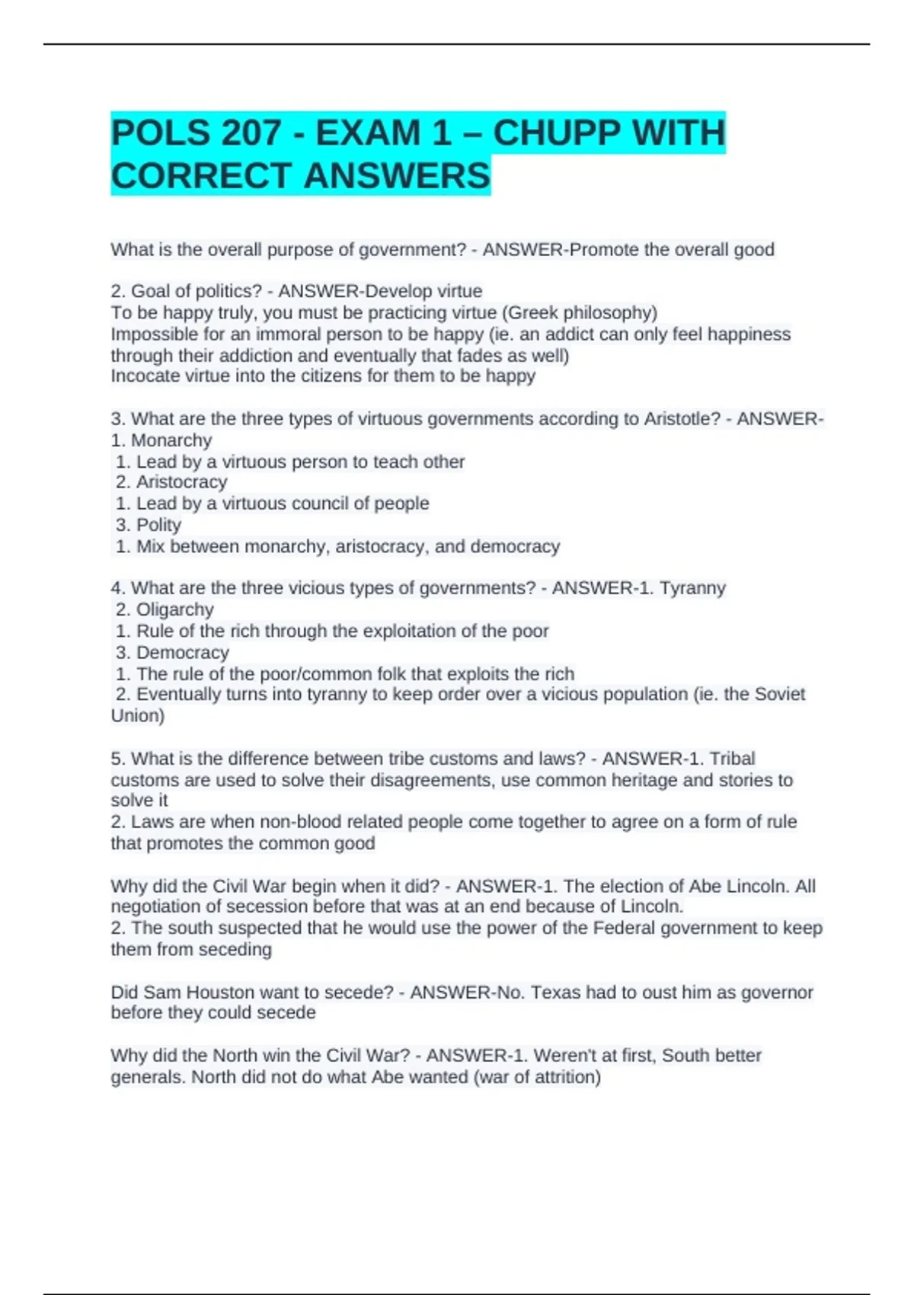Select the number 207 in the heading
click(x=251, y=133)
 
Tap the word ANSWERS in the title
click(x=397, y=176)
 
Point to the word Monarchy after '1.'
click(x=171, y=440)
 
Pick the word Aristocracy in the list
click(x=181, y=482)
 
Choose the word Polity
click(x=158, y=525)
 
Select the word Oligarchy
click(x=174, y=609)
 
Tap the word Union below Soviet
click(x=137, y=716)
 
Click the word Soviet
click(x=778, y=694)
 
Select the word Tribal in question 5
click(x=732, y=759)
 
